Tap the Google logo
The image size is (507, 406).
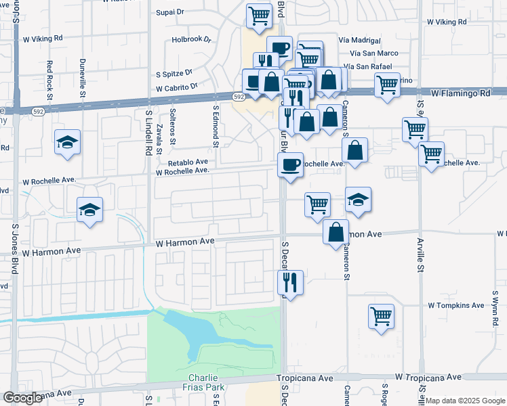click(x=22, y=397)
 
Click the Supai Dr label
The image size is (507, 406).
click(x=169, y=12)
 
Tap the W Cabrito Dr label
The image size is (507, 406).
click(x=176, y=87)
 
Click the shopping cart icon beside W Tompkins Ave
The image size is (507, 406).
click(x=381, y=316)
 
